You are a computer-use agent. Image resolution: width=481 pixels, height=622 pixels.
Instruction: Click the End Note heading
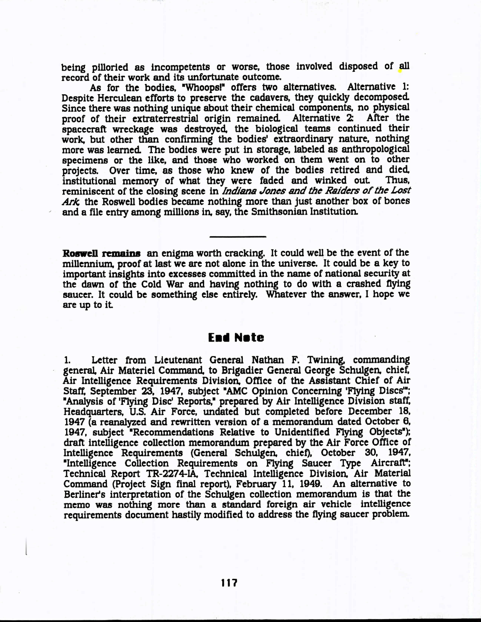(236, 338)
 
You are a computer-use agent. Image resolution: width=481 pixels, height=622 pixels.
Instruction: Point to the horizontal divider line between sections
(238, 236)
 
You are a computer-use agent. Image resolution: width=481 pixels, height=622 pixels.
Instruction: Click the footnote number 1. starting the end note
(67, 360)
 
